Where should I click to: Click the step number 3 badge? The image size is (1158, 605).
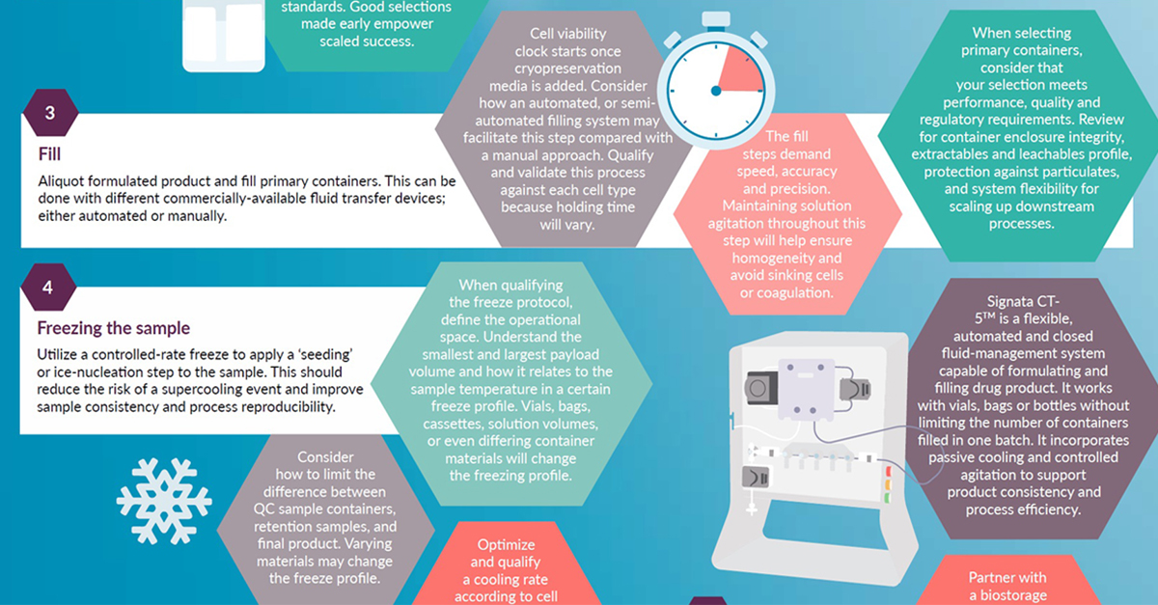click(49, 114)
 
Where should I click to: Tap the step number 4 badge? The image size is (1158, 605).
click(47, 287)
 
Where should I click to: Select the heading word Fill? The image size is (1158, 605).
click(49, 154)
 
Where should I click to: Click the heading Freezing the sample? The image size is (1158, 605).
click(114, 328)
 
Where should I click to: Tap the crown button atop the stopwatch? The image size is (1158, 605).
click(715, 18)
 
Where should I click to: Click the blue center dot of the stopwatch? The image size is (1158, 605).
click(715, 91)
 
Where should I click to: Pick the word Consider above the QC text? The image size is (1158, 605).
click(325, 456)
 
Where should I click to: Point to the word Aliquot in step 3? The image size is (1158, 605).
click(63, 181)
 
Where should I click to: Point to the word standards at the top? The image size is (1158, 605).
click(314, 6)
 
